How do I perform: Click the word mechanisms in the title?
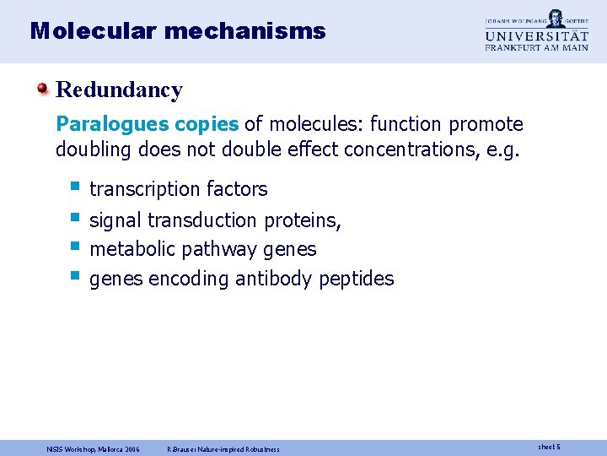245,31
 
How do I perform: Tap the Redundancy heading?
119,90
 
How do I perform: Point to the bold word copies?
207,125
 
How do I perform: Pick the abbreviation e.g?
504,151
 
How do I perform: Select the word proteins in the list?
303,220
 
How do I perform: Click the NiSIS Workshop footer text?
93,448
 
